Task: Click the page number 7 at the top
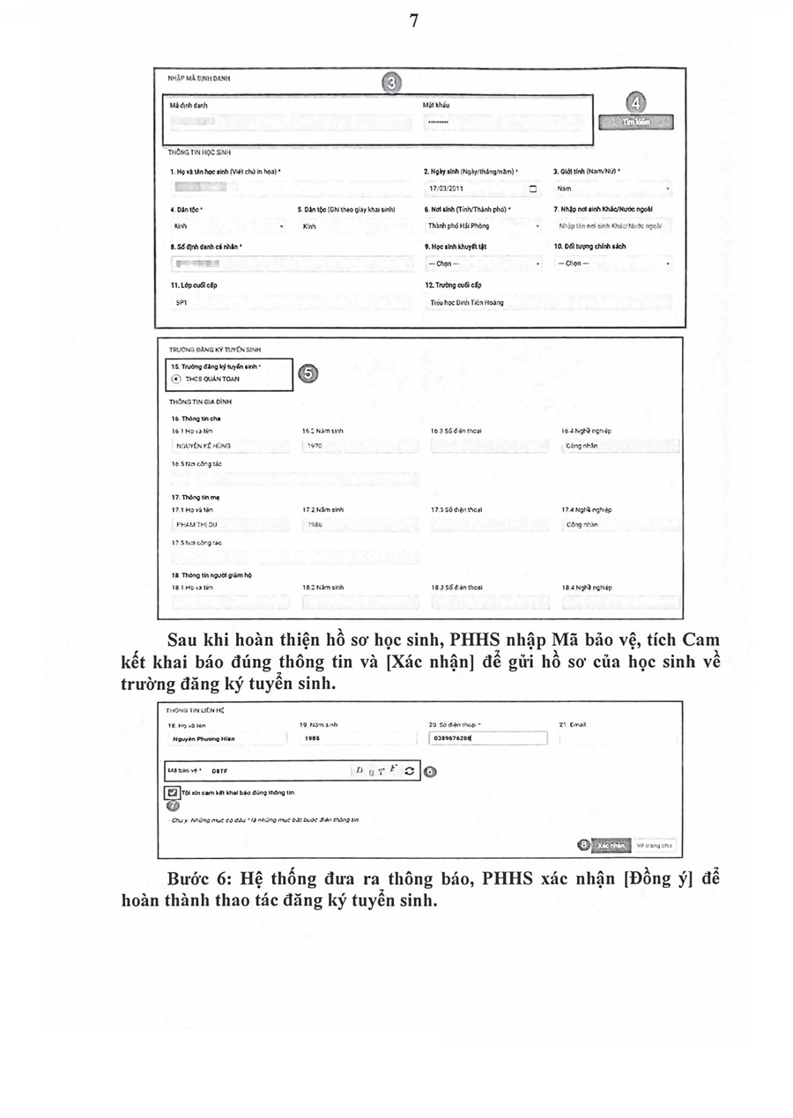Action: click(x=413, y=21)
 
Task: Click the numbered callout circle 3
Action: click(x=393, y=82)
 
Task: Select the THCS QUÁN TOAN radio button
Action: click(x=177, y=379)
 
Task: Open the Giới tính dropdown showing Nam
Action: click(x=612, y=189)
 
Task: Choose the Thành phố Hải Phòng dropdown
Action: click(x=483, y=226)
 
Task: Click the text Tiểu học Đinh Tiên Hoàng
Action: click(x=466, y=302)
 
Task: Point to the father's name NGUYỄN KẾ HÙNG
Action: click(x=197, y=446)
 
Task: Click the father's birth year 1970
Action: click(x=315, y=446)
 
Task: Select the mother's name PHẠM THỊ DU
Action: click(x=196, y=524)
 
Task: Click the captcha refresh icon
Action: click(x=409, y=771)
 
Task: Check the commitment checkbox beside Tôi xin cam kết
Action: click(x=173, y=793)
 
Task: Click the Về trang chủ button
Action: click(x=655, y=845)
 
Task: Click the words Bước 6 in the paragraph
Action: click(x=196, y=879)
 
